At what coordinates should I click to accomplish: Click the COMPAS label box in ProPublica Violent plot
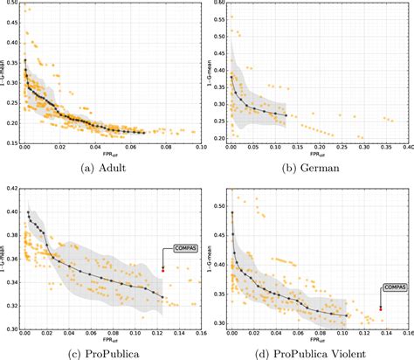394,287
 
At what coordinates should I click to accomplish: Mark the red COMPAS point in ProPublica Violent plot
381,308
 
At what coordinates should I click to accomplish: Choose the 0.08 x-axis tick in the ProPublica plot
110,334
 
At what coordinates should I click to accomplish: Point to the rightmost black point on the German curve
286,115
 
